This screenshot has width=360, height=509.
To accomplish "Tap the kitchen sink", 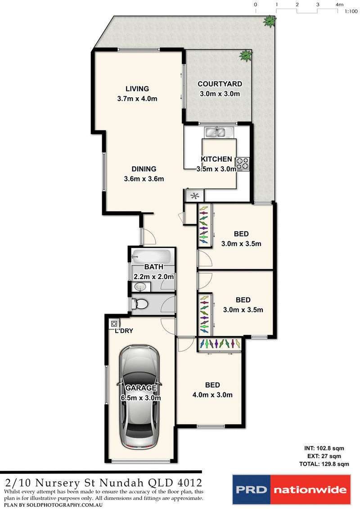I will pos(217,132).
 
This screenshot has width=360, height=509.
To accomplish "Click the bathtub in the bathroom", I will pos(151,257).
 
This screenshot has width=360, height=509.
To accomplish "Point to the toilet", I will pos(140,304).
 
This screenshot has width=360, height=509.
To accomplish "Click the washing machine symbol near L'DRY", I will pos(114,324).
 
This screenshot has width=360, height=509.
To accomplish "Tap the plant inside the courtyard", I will pos(245,55).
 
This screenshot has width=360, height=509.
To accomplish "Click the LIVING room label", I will pos(137,89).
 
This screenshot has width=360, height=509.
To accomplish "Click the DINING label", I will pos(144,169).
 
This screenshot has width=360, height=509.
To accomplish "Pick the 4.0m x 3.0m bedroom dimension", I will pos(212,395).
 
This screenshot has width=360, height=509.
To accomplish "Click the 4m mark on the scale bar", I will pos(339,5).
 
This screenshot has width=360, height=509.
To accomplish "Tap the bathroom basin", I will pos(140,287).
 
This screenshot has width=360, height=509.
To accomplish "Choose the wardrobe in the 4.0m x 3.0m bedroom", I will pos(220,344).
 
